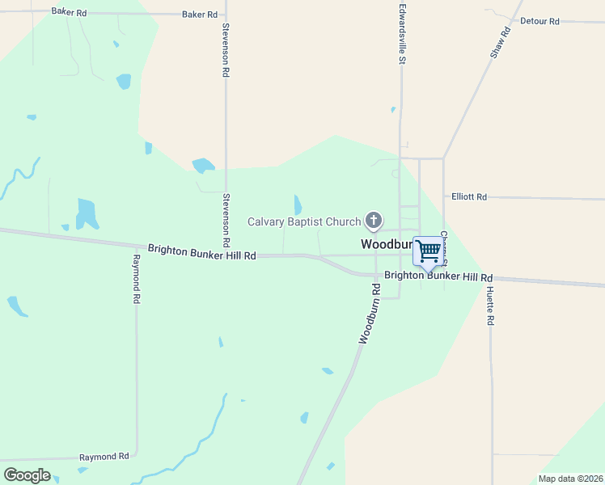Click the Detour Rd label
click(539, 21)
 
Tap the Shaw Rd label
click(501, 42)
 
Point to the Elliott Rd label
click(469, 196)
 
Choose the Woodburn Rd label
click(370, 314)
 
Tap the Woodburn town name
click(387, 243)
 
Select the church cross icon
click(374, 219)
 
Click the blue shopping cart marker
click(428, 250)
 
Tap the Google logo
click(27, 474)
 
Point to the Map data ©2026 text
click(569, 479)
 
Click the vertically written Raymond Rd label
click(137, 279)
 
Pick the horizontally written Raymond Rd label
click(104, 457)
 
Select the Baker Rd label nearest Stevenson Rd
click(200, 15)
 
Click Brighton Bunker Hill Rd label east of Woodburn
click(438, 276)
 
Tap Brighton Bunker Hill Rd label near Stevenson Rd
click(202, 254)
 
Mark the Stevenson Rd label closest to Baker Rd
click(226, 49)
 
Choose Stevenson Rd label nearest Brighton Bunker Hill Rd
click(226, 220)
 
